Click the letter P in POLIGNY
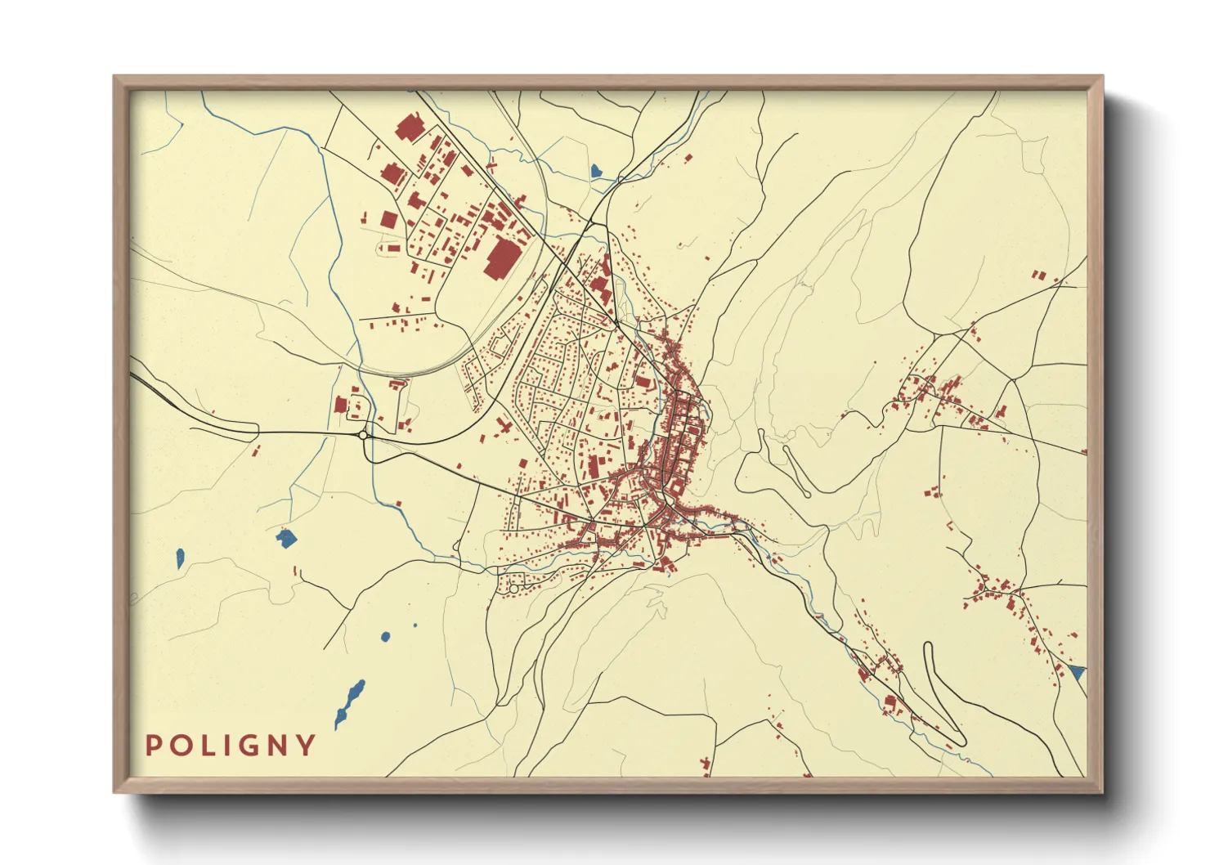point(153,746)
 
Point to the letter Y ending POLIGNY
point(307,746)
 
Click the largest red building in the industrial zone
point(502,258)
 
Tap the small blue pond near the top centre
point(596,171)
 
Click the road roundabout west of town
point(362,436)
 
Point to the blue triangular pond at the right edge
point(1078,673)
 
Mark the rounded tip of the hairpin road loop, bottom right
point(928,647)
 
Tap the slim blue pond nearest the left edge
point(180,558)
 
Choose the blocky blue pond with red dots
point(285,538)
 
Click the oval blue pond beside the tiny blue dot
point(385,636)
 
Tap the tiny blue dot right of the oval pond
point(415,625)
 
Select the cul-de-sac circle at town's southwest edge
point(513,588)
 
